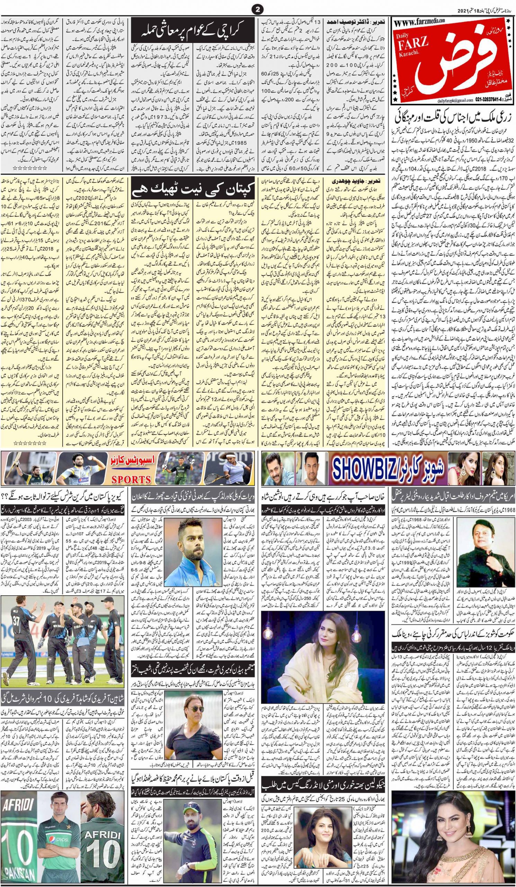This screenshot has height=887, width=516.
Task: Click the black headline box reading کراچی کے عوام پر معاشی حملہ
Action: tap(194, 35)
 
